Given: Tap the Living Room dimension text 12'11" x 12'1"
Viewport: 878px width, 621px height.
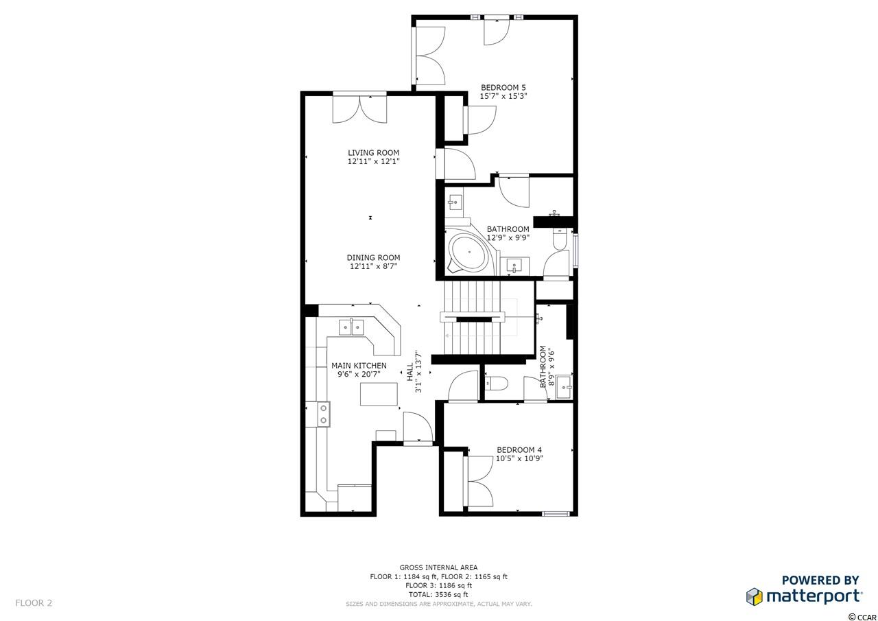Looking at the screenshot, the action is pos(373,161).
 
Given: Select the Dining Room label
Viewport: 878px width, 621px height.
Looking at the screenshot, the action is pos(373,257).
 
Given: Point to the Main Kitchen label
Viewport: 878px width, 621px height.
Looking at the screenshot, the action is pos(359,365).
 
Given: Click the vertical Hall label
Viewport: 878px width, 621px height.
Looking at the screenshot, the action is pos(410,372).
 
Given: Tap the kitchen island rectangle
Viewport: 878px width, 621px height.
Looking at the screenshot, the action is pos(379,394).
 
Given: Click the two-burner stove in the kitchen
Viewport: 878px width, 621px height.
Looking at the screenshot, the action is pos(323,414).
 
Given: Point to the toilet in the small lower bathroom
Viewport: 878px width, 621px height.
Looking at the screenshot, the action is pos(496,383).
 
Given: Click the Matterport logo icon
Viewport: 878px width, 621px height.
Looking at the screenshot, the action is pos(754,596).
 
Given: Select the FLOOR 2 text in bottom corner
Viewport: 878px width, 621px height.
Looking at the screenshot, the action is pos(34,603).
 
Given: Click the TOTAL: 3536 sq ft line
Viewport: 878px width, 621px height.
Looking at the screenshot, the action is pos(438,594).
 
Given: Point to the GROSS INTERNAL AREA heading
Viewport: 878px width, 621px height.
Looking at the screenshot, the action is pos(438,567).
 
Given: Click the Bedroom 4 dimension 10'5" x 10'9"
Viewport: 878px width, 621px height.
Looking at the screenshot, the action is pos(519,458).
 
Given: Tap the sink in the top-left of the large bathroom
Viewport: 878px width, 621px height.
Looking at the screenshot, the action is pos(455,202).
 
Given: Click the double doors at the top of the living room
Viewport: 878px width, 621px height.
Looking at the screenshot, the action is pos(360,109).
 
